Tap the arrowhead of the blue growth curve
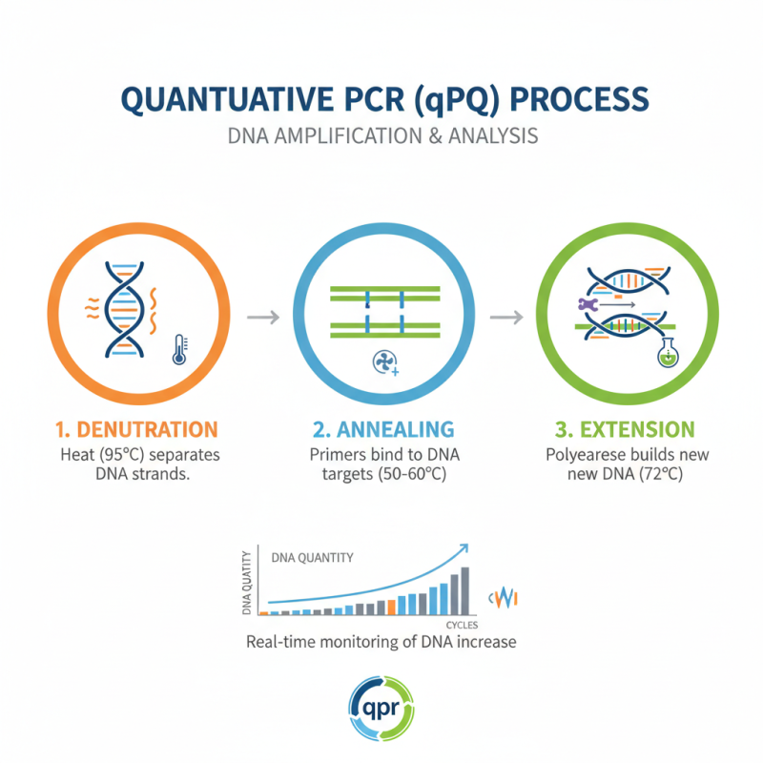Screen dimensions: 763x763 pos(463,547)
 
